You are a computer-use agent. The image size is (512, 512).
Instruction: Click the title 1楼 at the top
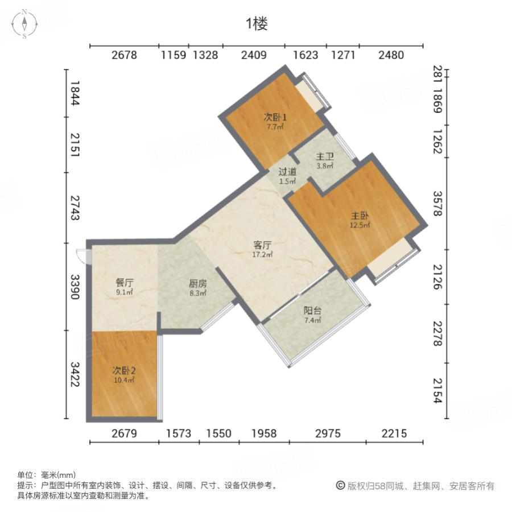click(257, 23)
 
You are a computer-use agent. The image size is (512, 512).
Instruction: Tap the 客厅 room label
click(262, 245)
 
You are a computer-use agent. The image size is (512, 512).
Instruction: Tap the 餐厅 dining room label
click(125, 282)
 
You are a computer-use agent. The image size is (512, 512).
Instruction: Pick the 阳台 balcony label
click(312, 311)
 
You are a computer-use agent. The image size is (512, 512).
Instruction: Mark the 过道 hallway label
click(287, 172)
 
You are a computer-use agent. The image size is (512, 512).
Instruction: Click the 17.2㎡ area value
click(262, 255)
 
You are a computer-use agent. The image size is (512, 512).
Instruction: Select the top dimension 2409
click(254, 55)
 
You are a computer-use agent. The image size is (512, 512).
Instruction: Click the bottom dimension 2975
click(328, 433)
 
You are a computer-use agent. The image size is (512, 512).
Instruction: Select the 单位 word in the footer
click(25, 474)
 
